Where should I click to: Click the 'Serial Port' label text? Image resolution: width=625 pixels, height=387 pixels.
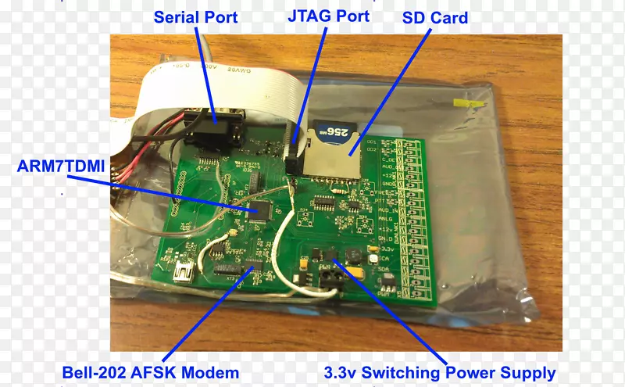pyautogui.click(x=195, y=16)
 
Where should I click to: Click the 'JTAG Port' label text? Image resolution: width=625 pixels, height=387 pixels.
pyautogui.click(x=327, y=15)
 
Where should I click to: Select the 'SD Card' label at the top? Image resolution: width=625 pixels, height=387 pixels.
pyautogui.click(x=434, y=17)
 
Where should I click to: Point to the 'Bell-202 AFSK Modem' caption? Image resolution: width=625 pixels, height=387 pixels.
pyautogui.click(x=151, y=373)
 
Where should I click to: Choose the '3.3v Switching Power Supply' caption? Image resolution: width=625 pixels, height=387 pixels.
pyautogui.click(x=440, y=373)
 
